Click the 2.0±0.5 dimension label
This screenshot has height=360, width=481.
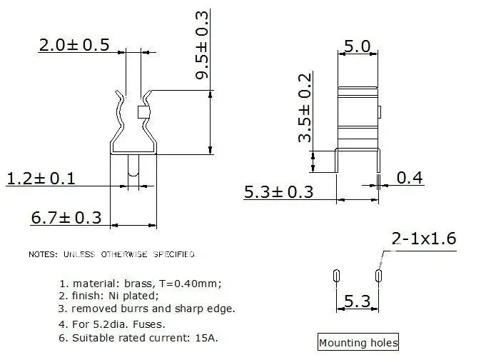[74, 45]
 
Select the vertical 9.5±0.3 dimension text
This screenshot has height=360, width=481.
[202, 45]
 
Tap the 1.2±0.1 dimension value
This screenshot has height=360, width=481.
[41, 179]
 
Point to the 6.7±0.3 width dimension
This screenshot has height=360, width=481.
[66, 218]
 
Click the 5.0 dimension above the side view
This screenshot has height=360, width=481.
[358, 46]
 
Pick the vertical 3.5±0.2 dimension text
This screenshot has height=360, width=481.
[305, 108]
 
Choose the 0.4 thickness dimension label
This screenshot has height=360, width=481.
[410, 178]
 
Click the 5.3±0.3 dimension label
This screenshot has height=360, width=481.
[278, 192]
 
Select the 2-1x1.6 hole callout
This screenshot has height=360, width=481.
[424, 239]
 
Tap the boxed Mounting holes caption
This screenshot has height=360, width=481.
[358, 342]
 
